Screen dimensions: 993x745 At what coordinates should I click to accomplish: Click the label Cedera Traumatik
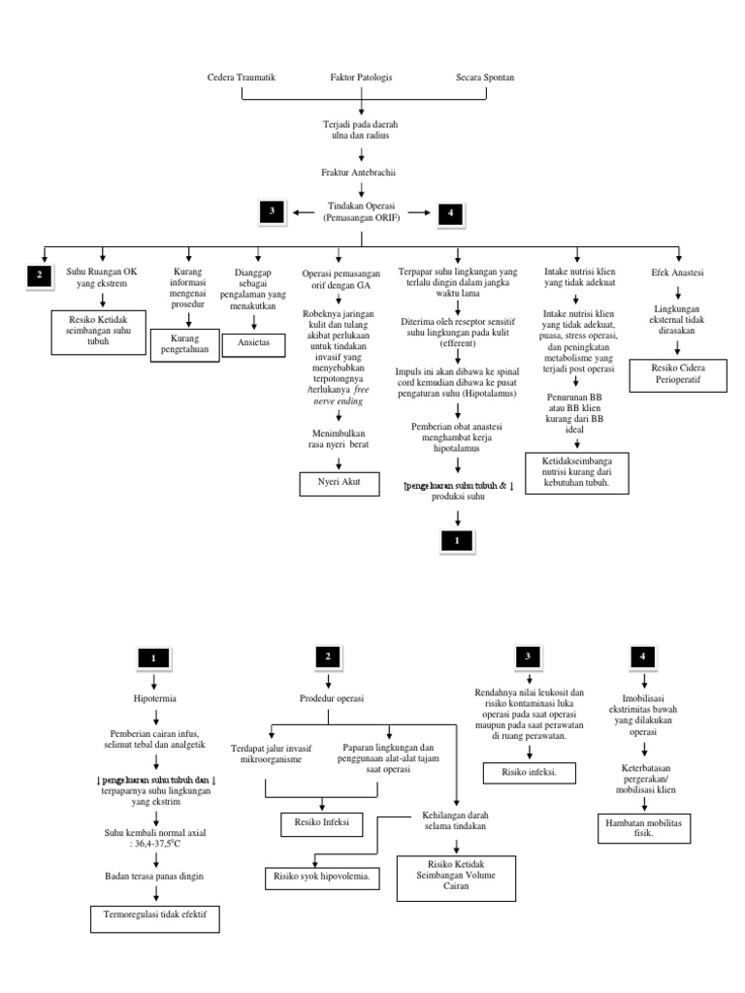(243, 77)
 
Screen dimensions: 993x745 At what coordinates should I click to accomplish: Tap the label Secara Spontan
(485, 77)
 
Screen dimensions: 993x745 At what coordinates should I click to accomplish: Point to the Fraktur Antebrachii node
(359, 172)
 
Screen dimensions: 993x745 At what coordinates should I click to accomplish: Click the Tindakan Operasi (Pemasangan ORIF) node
(359, 213)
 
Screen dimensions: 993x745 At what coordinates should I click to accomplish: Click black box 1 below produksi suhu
(455, 540)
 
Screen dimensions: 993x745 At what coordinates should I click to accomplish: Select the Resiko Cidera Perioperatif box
(678, 375)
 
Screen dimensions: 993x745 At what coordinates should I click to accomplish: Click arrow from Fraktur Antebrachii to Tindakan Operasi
(359, 191)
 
